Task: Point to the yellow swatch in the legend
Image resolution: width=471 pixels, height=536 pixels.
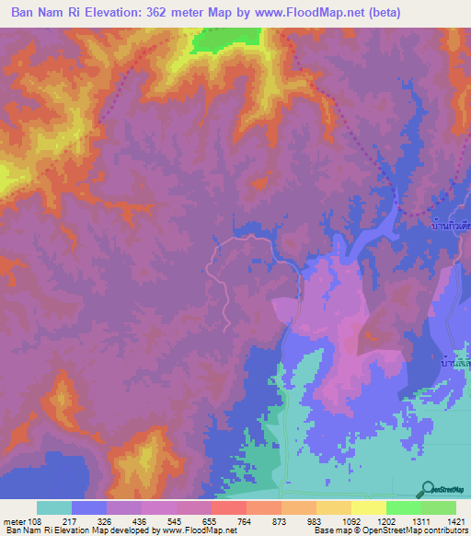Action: click(368, 507)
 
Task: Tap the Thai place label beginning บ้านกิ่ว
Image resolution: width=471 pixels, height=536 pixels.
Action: click(450, 224)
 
